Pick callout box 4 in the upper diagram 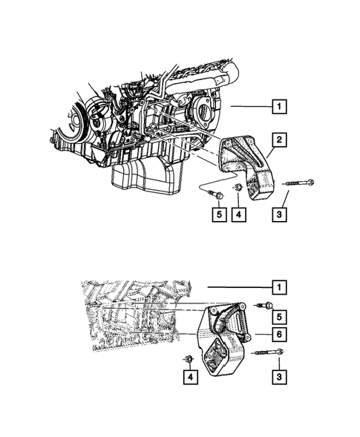pos(239,214)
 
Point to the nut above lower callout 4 pos(189,361)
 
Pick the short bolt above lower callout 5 pos(265,303)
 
